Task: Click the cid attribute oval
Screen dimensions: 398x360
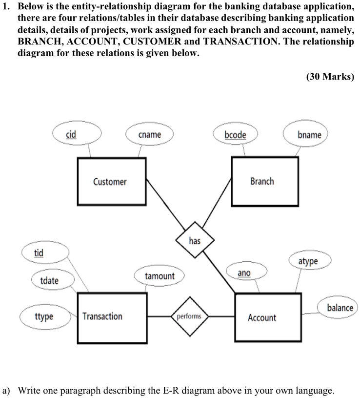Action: (71, 134)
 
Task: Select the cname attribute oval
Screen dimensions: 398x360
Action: (149, 134)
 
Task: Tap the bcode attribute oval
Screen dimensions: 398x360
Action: (235, 134)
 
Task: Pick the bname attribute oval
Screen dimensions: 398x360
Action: (309, 134)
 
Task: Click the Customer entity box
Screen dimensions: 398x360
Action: (111, 182)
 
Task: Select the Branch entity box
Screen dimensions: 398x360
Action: (264, 181)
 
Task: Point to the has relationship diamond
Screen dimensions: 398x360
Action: (194, 241)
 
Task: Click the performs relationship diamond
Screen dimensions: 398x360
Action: (189, 316)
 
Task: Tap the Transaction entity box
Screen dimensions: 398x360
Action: (112, 316)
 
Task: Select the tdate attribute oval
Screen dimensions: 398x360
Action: (49, 280)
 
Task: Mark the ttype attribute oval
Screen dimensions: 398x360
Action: (44, 316)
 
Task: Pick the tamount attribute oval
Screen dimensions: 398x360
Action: (160, 276)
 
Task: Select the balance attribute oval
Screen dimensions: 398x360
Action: (340, 308)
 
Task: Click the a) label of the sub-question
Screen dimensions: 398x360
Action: (7, 390)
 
